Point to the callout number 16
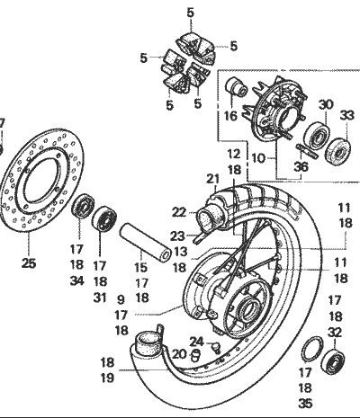pos(230,115)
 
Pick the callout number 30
pos(326,103)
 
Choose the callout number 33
pos(346,114)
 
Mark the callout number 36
pos(302,165)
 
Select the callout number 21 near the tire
pos(213,178)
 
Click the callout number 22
pos(178,212)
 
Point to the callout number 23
pos(177,236)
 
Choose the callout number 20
pos(180,354)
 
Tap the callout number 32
pos(335,333)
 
